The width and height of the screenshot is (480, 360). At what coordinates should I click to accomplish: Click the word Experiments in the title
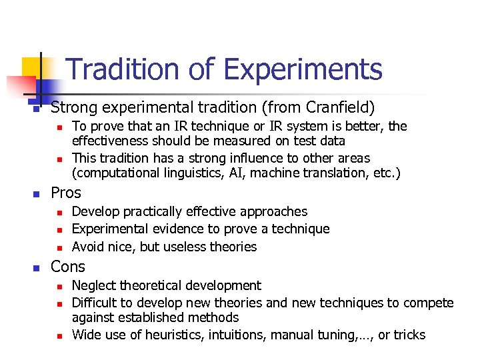click(303, 69)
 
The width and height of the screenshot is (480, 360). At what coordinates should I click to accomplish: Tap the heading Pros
click(66, 193)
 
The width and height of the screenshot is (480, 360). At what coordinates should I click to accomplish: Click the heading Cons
click(68, 267)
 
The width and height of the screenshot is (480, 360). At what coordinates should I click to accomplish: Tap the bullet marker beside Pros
click(37, 194)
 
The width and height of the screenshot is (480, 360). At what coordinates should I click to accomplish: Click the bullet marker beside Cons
click(37, 268)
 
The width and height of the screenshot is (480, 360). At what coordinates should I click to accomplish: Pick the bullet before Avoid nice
click(59, 247)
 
